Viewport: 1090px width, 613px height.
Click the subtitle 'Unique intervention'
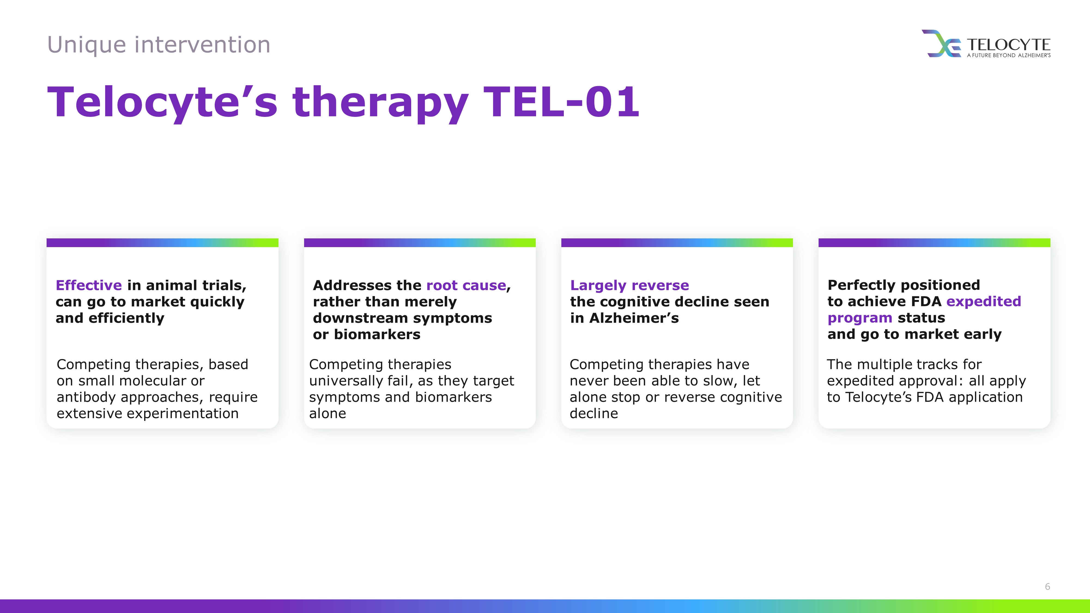(159, 45)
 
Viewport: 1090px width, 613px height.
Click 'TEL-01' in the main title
(561, 102)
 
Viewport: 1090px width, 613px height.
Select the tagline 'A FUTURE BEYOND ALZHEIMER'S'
(1009, 55)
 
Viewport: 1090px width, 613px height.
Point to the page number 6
(1047, 586)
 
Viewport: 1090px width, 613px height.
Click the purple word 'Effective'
(89, 285)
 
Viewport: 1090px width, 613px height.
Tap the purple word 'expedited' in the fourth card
(983, 302)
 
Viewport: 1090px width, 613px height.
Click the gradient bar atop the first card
(162, 242)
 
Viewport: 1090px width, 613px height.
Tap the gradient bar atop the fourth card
(934, 242)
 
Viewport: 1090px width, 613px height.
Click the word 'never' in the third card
(589, 381)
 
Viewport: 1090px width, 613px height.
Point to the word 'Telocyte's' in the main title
(162, 102)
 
